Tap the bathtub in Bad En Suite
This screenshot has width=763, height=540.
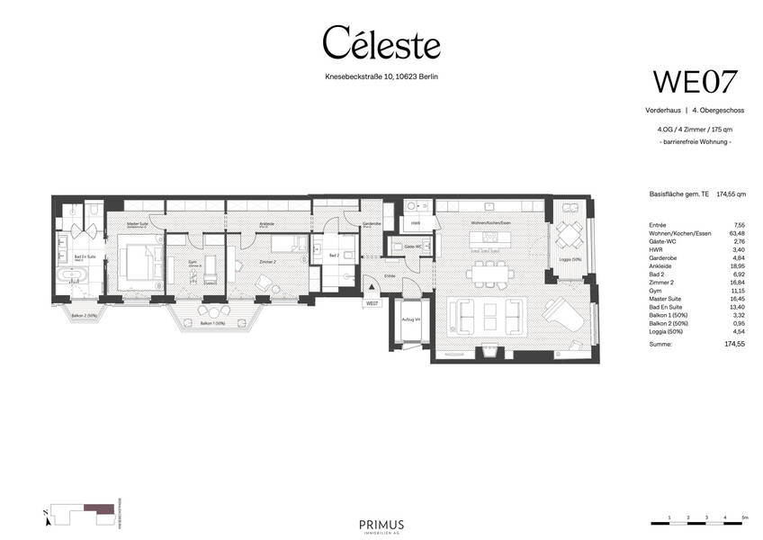[69, 275]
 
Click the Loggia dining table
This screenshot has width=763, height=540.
[569, 237]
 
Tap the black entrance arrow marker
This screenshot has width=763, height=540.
[372, 287]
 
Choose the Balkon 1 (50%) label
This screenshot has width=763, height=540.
[211, 323]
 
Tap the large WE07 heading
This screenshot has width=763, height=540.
[695, 81]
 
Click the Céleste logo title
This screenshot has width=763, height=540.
[381, 43]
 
